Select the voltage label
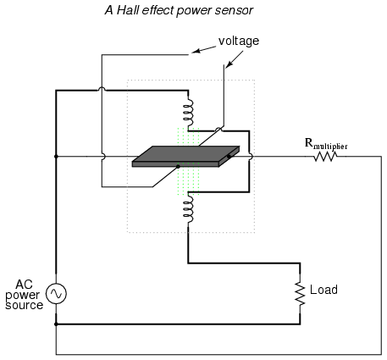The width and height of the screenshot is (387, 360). (x=239, y=42)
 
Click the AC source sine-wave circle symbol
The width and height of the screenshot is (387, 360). (x=56, y=294)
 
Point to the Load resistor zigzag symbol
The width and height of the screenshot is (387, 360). (x=300, y=293)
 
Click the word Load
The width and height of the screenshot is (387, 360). (x=323, y=290)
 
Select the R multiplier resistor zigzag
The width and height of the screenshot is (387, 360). (x=325, y=157)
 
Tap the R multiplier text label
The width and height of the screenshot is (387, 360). (x=326, y=144)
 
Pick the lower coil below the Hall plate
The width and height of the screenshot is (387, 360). (x=188, y=209)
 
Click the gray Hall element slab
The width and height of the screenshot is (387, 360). (x=185, y=157)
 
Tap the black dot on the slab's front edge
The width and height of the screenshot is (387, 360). (x=178, y=167)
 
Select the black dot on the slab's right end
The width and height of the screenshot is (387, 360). (x=229, y=156)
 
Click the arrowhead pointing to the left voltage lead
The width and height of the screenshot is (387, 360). (x=196, y=51)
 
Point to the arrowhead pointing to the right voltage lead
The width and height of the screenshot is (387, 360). (x=228, y=65)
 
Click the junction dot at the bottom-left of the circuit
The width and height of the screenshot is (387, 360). (x=56, y=324)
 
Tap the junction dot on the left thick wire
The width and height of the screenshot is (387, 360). (x=56, y=157)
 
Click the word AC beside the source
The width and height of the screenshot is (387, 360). (x=24, y=285)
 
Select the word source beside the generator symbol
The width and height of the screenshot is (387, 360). (x=25, y=305)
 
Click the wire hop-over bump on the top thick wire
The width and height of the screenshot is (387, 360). (x=102, y=89)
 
